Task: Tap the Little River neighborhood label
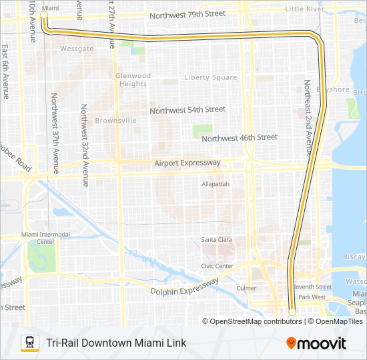pos(304,9)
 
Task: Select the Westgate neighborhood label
pos(77,49)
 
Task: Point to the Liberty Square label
pos(211,77)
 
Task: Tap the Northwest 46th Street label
pos(239,137)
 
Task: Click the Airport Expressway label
pos(187,163)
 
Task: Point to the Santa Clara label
pos(216,239)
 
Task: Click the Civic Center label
pos(217,266)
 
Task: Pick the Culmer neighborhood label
pos(246,289)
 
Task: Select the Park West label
pos(312,297)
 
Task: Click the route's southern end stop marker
pos(292,311)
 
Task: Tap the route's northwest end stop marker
pos(45,14)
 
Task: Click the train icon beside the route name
pos(29,343)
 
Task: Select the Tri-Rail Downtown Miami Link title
pos(116,343)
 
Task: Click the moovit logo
pos(316,343)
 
